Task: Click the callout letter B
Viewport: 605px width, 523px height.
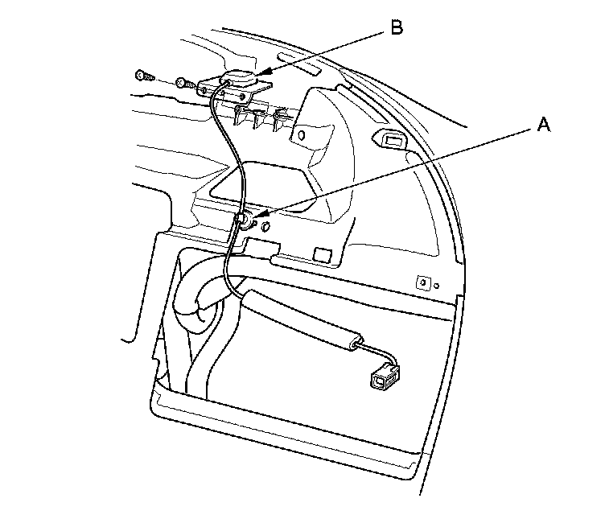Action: [x=395, y=27]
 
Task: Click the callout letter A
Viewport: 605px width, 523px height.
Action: [x=544, y=125]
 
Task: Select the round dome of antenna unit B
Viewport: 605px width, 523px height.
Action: [x=240, y=78]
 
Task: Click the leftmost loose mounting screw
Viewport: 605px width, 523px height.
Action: [x=143, y=75]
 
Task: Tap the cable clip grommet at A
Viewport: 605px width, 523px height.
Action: [x=244, y=219]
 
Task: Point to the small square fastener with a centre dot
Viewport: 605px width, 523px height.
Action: [x=421, y=282]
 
